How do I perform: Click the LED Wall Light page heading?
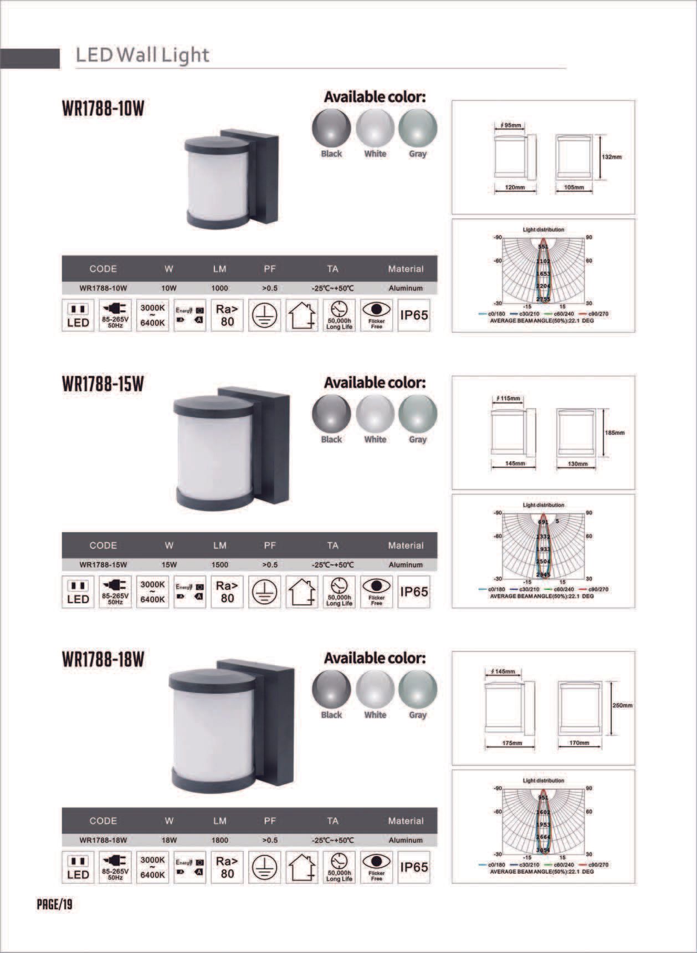(x=142, y=55)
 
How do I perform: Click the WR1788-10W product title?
(x=103, y=109)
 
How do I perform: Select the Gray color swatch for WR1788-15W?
(x=418, y=414)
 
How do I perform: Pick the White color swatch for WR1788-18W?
(x=375, y=690)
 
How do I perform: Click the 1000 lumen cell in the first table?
(x=219, y=288)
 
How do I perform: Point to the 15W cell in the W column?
(x=169, y=565)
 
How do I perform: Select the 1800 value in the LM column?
(x=219, y=840)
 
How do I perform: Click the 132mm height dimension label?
(x=612, y=157)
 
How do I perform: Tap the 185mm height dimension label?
(x=614, y=433)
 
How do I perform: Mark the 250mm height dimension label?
(x=622, y=706)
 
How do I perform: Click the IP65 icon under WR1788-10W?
(x=414, y=315)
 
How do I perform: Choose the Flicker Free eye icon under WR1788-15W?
(x=376, y=592)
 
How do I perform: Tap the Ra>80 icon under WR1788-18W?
(x=227, y=868)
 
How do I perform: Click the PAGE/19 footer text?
(x=54, y=905)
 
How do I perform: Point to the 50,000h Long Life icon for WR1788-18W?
(x=339, y=868)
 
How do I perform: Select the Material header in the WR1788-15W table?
(x=406, y=546)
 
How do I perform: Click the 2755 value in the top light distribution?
(x=543, y=299)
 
